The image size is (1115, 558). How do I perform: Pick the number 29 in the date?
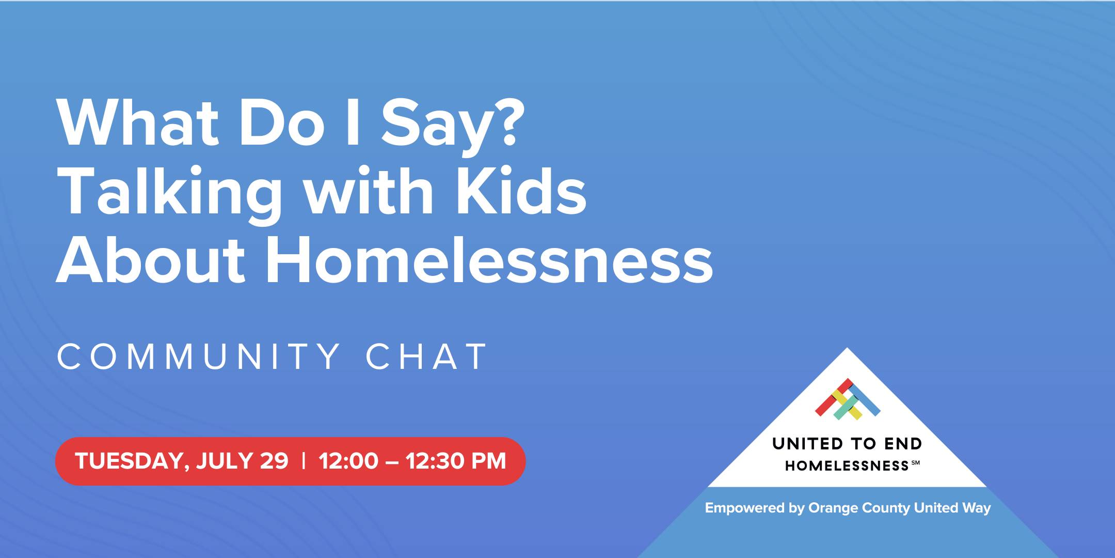coord(274,461)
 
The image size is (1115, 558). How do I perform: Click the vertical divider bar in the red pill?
coord(304,461)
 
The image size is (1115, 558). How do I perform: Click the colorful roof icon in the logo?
coord(848,399)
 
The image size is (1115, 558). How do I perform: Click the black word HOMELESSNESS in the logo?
coord(847,466)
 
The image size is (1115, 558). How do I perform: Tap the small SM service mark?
coord(915,463)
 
